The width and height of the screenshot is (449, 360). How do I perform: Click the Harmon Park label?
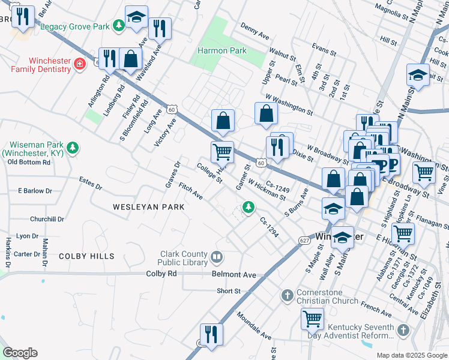[x=222, y=51]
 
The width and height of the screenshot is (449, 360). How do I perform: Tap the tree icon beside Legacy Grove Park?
[x=119, y=26]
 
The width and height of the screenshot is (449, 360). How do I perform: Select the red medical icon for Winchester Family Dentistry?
[x=79, y=64]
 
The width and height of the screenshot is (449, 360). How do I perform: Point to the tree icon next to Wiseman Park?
[x=73, y=148]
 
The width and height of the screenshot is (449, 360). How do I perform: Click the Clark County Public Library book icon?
[x=217, y=258]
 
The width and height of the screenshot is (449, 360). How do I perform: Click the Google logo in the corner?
[x=20, y=353]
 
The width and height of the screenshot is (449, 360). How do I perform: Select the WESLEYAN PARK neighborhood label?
[x=148, y=206]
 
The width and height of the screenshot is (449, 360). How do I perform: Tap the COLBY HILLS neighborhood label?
[x=86, y=256]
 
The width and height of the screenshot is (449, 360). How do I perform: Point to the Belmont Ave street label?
[x=234, y=274]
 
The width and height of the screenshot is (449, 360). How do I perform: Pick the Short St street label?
[x=229, y=291]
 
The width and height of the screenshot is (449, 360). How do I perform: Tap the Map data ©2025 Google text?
[x=411, y=355]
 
